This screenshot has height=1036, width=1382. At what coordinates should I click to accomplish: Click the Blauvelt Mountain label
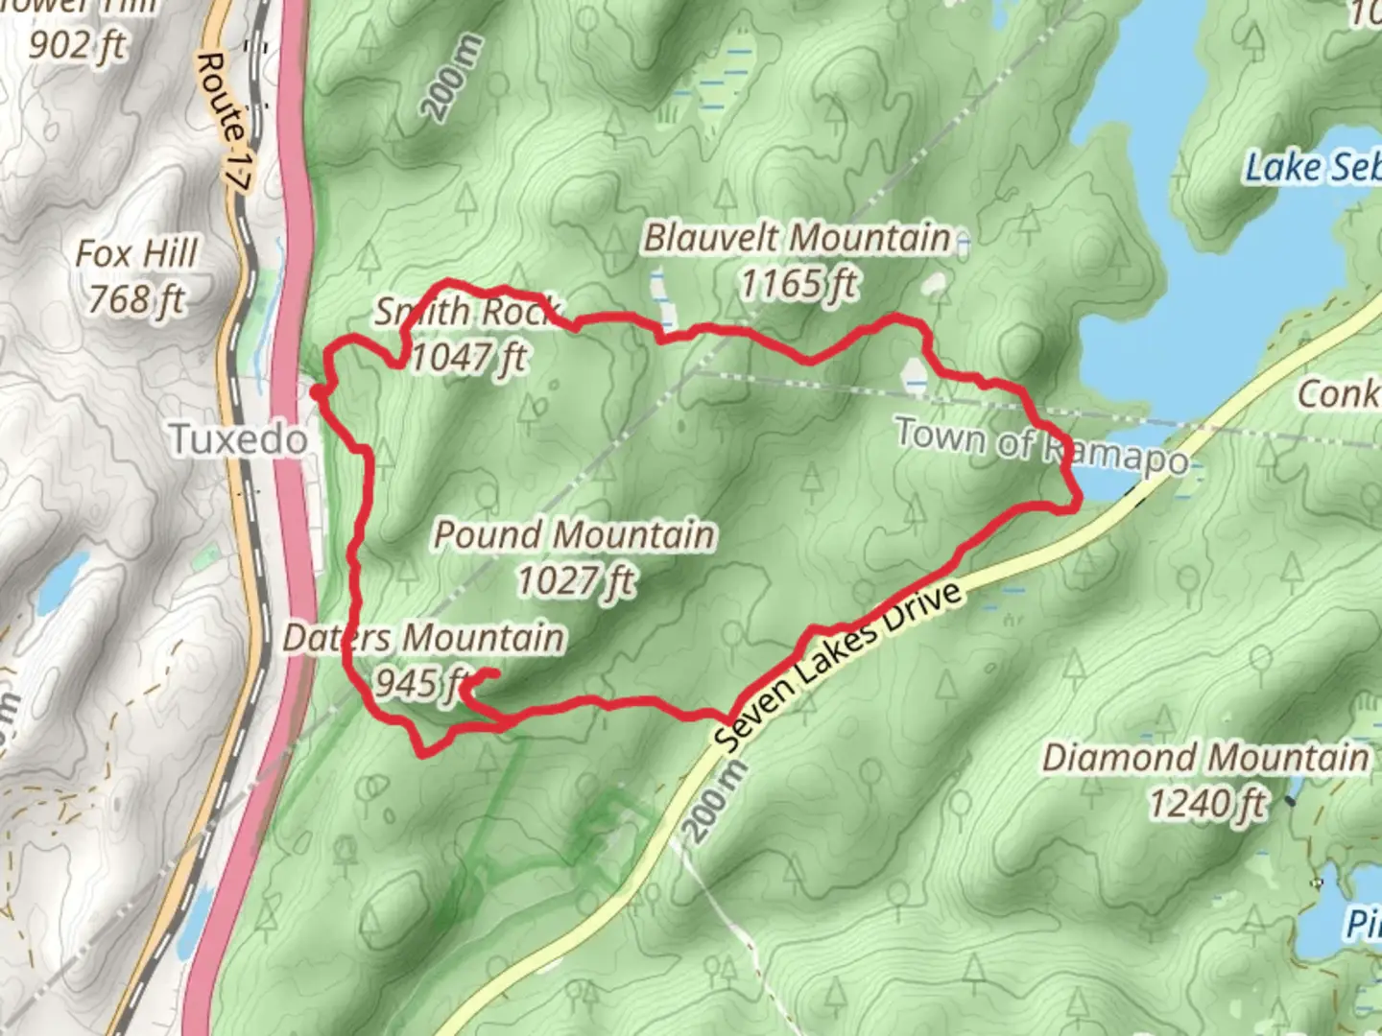tap(797, 238)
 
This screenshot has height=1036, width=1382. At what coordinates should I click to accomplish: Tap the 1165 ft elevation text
tap(798, 283)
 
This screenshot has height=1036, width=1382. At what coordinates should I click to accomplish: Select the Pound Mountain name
tap(574, 535)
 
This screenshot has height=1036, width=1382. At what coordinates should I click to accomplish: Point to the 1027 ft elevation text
tap(576, 580)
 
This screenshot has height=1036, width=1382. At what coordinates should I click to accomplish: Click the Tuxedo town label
tap(239, 440)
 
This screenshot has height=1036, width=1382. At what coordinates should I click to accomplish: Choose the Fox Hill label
tap(137, 254)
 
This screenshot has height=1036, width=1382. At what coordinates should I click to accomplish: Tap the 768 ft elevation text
tap(136, 300)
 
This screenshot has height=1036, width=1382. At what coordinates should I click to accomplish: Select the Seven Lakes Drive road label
tap(838, 668)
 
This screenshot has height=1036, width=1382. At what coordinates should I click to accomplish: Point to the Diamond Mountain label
tap(1205, 758)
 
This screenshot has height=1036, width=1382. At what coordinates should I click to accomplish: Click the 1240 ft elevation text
tap(1207, 804)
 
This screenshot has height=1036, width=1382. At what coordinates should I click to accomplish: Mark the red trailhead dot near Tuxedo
tap(316, 391)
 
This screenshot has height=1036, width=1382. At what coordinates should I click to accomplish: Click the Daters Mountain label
tap(423, 638)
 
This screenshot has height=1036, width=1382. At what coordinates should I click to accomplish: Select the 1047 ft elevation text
tap(468, 358)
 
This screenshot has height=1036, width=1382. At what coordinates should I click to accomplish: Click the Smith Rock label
tap(466, 311)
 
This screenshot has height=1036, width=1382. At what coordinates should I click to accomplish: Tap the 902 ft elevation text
tap(77, 43)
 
